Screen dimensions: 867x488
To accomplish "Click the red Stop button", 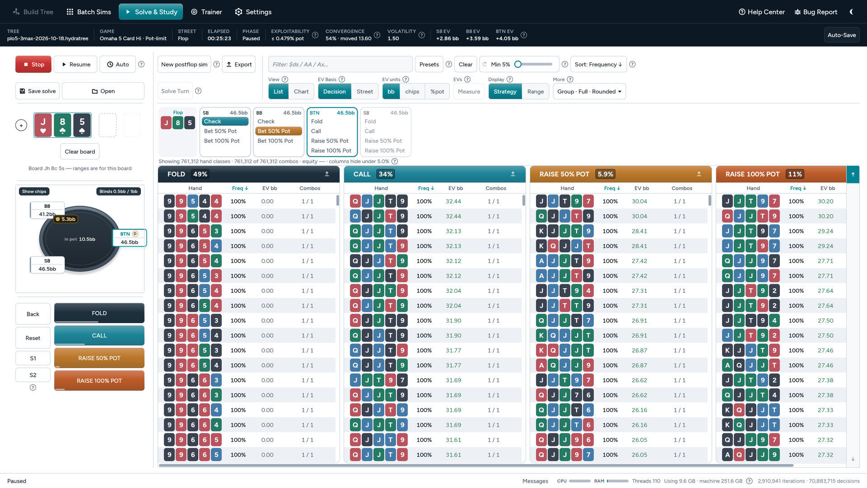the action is coord(33,64).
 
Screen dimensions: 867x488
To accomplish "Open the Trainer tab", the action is coord(206,12).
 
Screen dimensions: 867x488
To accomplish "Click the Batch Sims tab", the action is coord(89,12).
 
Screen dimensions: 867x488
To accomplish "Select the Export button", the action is coord(239,64).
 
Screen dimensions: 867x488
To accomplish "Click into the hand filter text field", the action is coord(340,64).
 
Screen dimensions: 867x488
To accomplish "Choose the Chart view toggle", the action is coord(301,91).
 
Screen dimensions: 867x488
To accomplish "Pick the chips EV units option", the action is coord(412,91).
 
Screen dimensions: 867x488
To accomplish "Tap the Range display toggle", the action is coord(536,91).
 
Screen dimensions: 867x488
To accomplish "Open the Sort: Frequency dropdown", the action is coord(598,64).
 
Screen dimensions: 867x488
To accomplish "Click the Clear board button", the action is coord(80,151).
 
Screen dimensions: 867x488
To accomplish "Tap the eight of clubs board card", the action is coord(62,125).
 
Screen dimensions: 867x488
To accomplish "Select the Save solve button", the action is coord(38,91).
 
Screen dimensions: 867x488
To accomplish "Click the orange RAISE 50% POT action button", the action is coord(99,358).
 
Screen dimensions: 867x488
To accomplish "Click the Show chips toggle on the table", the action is coord(34,191).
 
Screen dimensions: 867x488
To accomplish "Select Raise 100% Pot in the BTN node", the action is coord(331,150).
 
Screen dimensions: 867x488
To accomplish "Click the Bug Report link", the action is coord(816,12).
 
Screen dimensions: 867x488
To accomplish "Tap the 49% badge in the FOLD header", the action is coord(200,174).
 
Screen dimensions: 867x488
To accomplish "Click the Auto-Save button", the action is coord(841,35).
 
